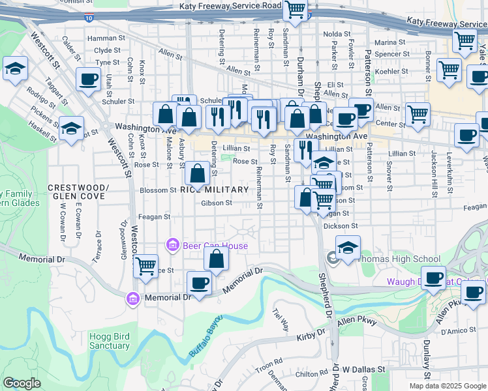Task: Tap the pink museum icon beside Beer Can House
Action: (173, 246)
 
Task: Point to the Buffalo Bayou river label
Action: (206, 336)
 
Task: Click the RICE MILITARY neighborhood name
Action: (214, 190)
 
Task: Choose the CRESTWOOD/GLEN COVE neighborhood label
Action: (77, 192)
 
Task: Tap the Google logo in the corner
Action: (22, 383)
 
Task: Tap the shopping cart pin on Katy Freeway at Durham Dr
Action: (295, 10)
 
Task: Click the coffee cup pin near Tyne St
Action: (87, 80)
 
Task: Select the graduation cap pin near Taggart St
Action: (14, 69)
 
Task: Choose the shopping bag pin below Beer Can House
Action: (216, 259)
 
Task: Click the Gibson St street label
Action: (217, 203)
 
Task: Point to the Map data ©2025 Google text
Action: (448, 385)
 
